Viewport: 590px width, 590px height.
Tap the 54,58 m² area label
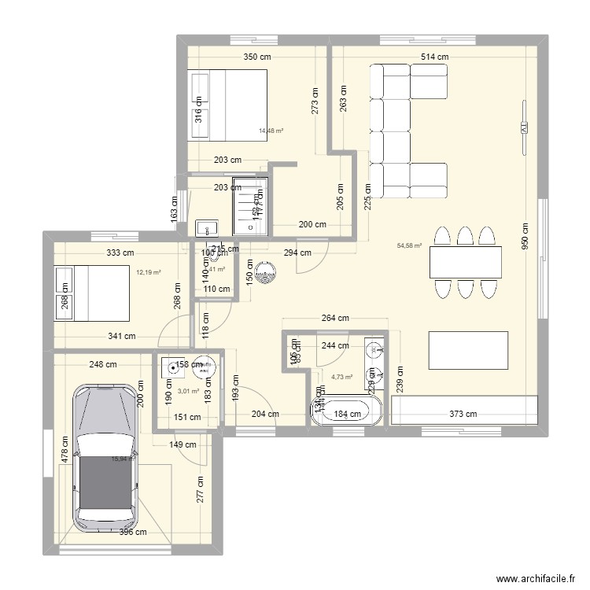pyautogui.click(x=410, y=245)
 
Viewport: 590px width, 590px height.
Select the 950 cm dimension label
pyautogui.click(x=524, y=234)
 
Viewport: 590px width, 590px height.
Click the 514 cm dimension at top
pyautogui.click(x=434, y=57)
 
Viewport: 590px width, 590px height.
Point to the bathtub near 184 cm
pyautogui.click(x=346, y=412)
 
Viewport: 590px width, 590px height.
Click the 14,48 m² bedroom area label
pyautogui.click(x=271, y=131)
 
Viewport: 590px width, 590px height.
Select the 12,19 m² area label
pyautogui.click(x=148, y=273)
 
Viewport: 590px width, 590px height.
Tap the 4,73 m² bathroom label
pyautogui.click(x=343, y=377)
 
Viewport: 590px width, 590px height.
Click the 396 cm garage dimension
pyautogui.click(x=134, y=533)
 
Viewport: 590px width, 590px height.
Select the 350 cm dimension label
pyautogui.click(x=257, y=57)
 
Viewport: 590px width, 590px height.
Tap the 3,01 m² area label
pyautogui.click(x=188, y=390)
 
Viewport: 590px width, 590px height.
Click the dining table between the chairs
pyautogui.click(x=466, y=263)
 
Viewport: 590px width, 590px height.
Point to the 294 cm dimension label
pyautogui.click(x=297, y=253)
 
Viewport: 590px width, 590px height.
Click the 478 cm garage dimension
pyautogui.click(x=66, y=454)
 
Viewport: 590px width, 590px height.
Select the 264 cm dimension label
pyautogui.click(x=335, y=319)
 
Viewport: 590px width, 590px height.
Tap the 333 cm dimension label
pyautogui.click(x=122, y=253)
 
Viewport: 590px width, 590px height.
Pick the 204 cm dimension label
pyautogui.click(x=264, y=414)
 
